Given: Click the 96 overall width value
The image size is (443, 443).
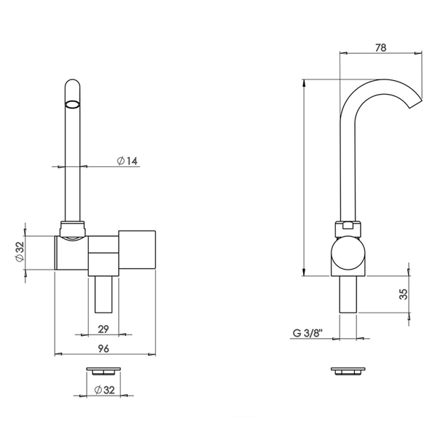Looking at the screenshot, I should coord(104,349).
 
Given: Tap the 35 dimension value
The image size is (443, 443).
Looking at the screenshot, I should coord(403,294).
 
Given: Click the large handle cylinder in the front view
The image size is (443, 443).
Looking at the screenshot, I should coord(137,250).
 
